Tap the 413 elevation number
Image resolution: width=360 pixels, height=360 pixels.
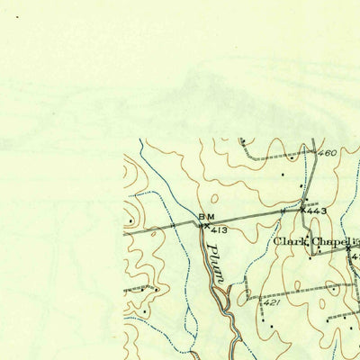pyautogui.click(x=216, y=230)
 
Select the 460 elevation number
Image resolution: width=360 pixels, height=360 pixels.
pyautogui.click(x=328, y=153)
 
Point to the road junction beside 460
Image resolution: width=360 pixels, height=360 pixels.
pyautogui.click(x=316, y=160)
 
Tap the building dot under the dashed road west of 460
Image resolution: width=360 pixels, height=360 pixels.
pyautogui.click(x=285, y=173)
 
